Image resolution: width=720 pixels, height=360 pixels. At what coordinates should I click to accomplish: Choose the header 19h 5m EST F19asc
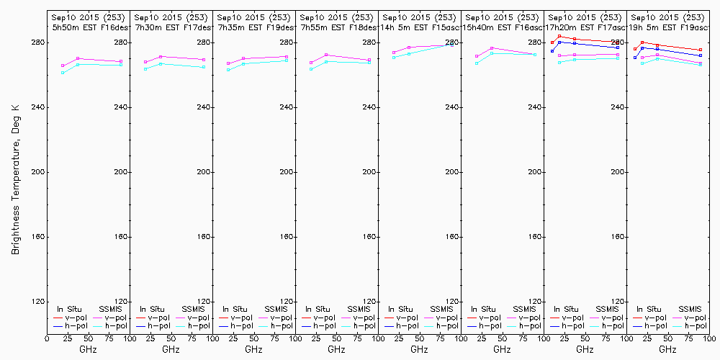coord(668,27)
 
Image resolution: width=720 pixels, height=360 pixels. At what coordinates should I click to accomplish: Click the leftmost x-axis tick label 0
coord(47,337)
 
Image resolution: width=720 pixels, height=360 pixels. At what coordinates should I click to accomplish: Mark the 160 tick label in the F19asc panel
coord(616,237)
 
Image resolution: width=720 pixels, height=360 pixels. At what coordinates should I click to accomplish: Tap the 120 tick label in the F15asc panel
coord(451,302)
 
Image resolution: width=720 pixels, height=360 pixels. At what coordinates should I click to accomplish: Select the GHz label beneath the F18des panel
coord(336,349)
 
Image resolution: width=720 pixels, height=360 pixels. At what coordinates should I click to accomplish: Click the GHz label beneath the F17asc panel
coord(585,349)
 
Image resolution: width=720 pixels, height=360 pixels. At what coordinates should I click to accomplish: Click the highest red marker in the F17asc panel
coord(559,36)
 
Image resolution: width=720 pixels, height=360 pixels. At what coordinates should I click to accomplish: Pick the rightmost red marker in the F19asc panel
coord(701,50)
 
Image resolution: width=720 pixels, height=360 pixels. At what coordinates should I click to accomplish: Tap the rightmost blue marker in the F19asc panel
coord(701,55)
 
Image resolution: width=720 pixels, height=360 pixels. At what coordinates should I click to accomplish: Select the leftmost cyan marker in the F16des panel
coord(63,73)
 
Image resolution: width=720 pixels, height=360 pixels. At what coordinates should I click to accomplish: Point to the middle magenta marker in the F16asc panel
coord(492,48)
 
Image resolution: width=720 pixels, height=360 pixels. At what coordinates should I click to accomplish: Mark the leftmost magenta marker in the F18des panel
coord(312,63)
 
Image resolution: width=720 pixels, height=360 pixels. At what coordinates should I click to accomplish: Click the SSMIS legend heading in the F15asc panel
coord(442,310)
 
